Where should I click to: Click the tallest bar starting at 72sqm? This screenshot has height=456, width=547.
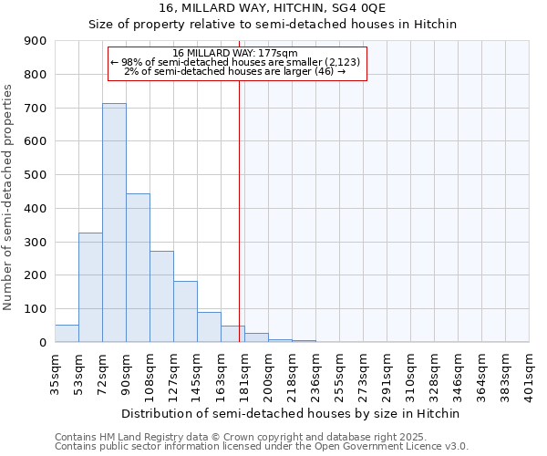114,223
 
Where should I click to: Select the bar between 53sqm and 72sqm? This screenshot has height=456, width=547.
90,287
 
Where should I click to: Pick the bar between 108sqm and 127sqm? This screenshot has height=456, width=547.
161,296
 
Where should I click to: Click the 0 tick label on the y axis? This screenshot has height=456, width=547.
42,342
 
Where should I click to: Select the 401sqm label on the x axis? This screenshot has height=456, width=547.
531,371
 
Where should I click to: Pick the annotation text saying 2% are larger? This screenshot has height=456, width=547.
235,71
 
